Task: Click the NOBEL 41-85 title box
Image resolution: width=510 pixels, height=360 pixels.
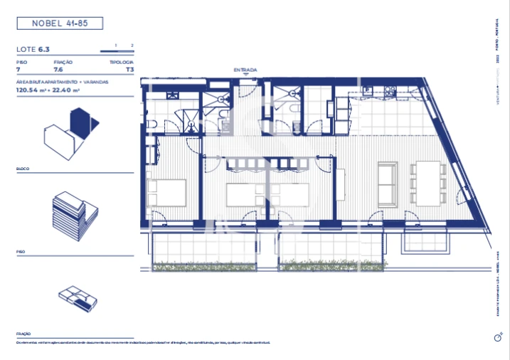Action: (x=59, y=23)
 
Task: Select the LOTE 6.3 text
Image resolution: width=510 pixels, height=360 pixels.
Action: (x=33, y=50)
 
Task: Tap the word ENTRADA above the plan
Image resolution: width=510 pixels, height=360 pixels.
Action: (x=245, y=70)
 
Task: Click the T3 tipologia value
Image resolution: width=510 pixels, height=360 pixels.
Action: (x=129, y=70)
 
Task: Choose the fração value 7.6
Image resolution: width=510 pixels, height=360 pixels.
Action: (x=58, y=70)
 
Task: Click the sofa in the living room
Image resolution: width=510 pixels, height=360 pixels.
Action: (x=388, y=183)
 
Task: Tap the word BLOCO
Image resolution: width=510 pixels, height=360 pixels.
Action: (x=23, y=169)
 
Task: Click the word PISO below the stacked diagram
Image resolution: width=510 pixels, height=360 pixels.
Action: (x=21, y=251)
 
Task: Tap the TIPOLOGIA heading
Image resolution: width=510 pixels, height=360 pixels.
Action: (x=121, y=63)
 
